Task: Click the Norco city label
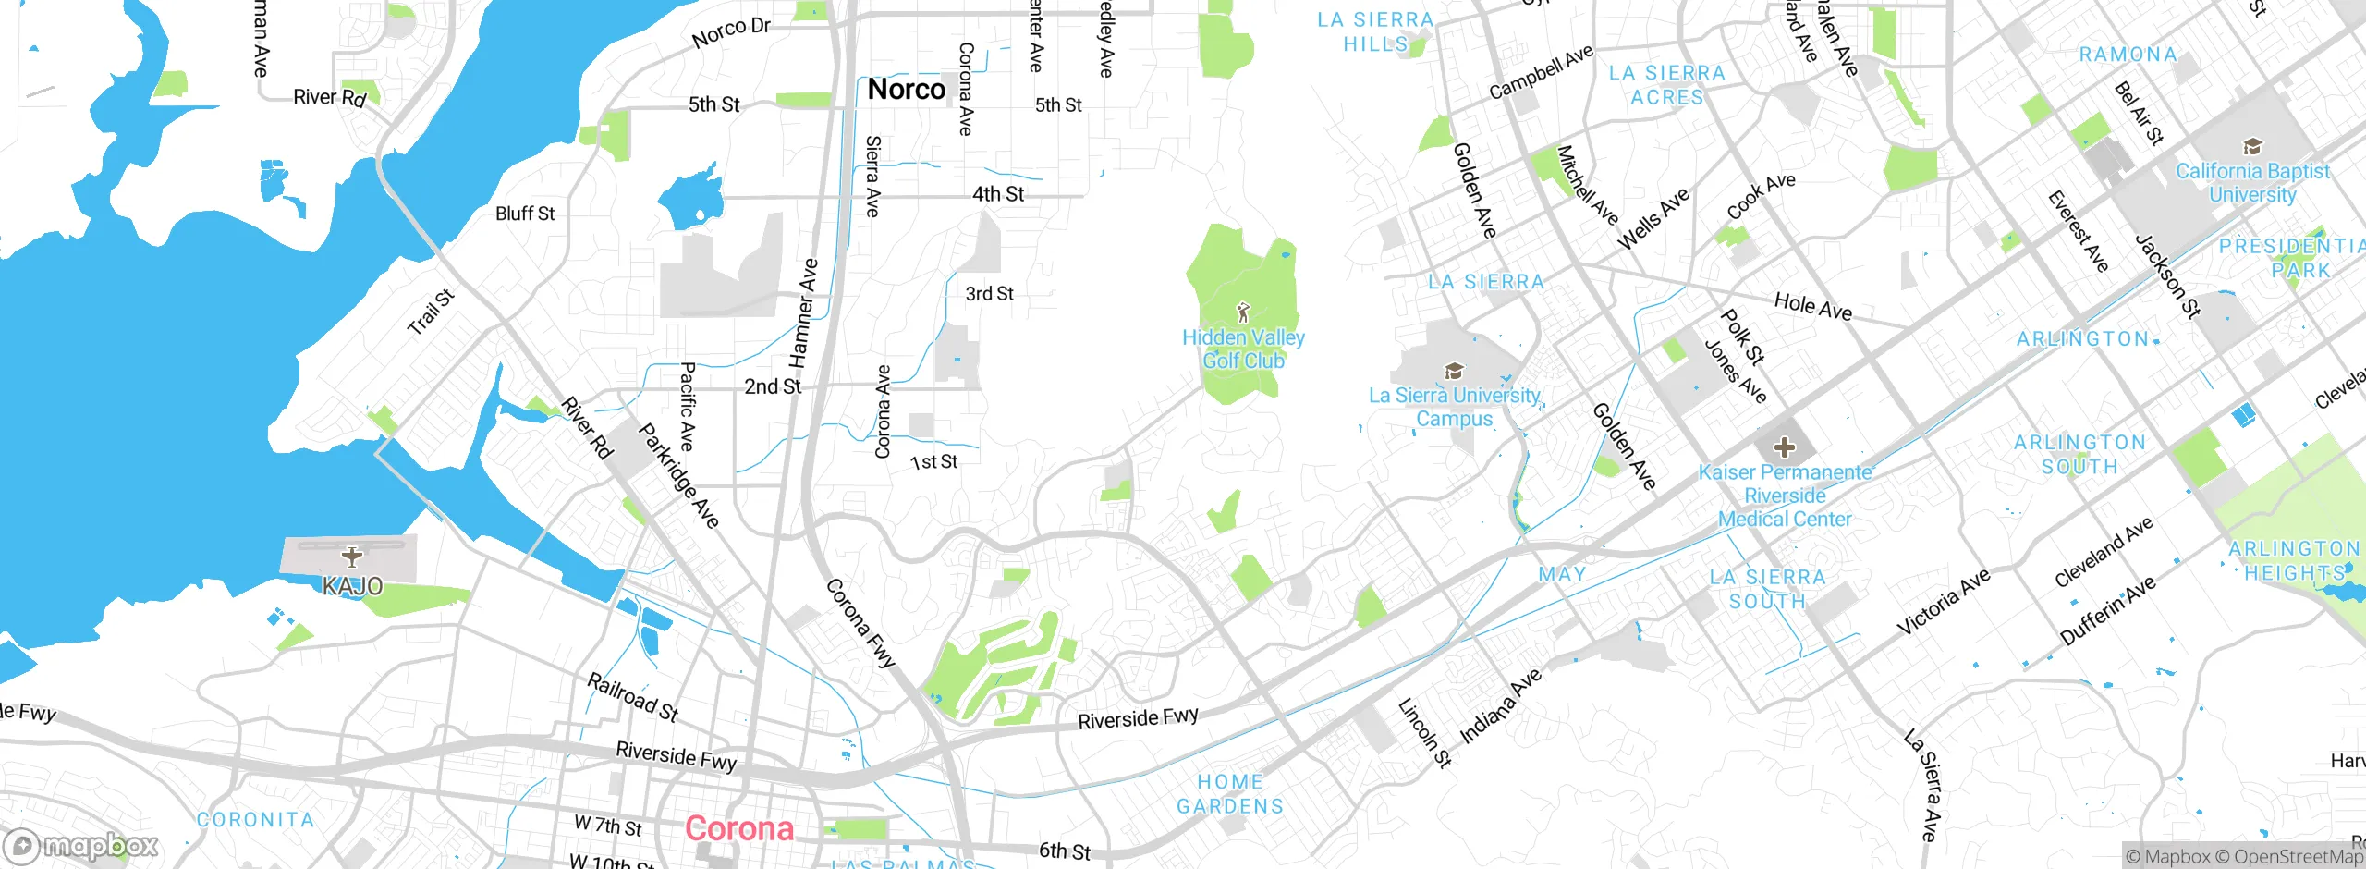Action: (906, 90)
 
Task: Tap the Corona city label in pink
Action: (739, 828)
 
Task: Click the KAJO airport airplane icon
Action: (351, 557)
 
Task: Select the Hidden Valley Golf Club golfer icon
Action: (1243, 312)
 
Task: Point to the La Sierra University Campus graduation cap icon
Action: (1454, 372)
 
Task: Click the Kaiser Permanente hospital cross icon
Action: (1784, 448)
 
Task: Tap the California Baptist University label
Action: (2252, 183)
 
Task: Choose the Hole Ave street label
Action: (1812, 306)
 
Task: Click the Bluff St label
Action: (525, 214)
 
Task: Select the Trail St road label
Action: (431, 312)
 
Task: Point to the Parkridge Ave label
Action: (678, 476)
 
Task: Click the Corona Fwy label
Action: (860, 623)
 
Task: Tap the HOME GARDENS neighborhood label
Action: (1230, 794)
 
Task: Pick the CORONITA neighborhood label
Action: (256, 820)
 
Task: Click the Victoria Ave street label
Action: (1943, 602)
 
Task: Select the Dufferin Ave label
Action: (2107, 610)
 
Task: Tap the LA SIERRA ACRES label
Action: (1666, 85)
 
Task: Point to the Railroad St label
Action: (633, 697)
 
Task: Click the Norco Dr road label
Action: (731, 32)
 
